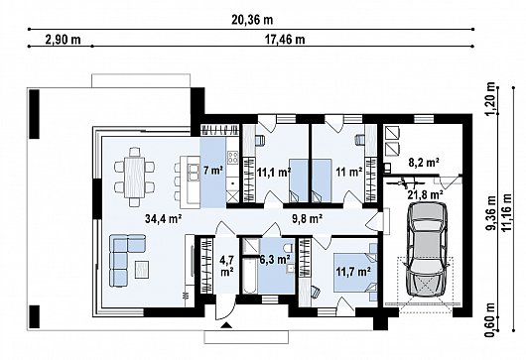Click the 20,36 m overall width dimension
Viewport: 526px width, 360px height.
(x=252, y=20)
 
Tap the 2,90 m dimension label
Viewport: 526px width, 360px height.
(x=64, y=40)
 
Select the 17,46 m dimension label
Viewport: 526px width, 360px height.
(x=285, y=40)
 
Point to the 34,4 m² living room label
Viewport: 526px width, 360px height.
(x=164, y=219)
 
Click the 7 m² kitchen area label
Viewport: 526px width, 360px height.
(x=213, y=171)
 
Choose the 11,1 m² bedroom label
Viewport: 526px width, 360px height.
(x=274, y=173)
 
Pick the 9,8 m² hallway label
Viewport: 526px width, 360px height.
(x=308, y=219)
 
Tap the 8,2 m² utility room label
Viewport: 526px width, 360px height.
(x=424, y=163)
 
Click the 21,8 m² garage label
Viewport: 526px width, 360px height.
(x=426, y=194)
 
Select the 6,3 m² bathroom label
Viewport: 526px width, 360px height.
(x=275, y=259)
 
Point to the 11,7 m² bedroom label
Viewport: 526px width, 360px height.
(x=353, y=271)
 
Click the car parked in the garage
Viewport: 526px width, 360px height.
(x=427, y=250)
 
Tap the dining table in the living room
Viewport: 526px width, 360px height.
(x=134, y=177)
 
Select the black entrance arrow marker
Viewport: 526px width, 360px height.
(x=226, y=324)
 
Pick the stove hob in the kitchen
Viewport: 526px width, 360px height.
(x=233, y=158)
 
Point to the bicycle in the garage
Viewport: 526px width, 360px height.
(x=406, y=183)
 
